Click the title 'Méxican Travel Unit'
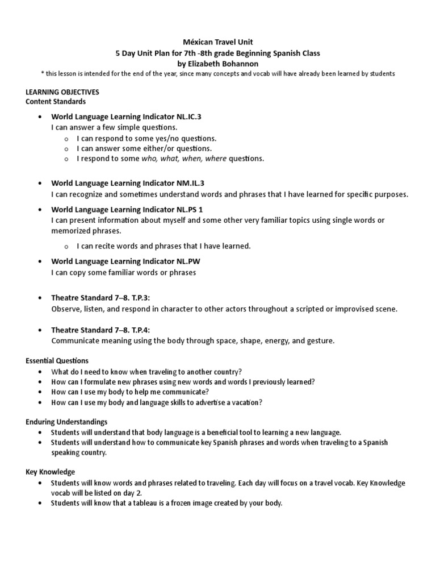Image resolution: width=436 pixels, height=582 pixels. pyautogui.click(x=218, y=42)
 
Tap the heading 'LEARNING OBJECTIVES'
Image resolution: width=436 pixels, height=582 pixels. pyautogui.click(x=62, y=92)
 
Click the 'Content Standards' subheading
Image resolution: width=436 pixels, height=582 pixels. pyautogui.click(x=56, y=102)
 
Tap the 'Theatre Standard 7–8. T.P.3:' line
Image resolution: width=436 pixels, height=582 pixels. pyautogui.click(x=100, y=298)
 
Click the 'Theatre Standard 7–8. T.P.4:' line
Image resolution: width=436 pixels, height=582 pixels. pyautogui.click(x=100, y=330)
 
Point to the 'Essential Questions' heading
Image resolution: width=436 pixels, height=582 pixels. pyautogui.click(x=57, y=360)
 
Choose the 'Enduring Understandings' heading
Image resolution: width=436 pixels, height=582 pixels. pyautogui.click(x=66, y=422)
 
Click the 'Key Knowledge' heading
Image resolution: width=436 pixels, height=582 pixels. pyautogui.click(x=51, y=472)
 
